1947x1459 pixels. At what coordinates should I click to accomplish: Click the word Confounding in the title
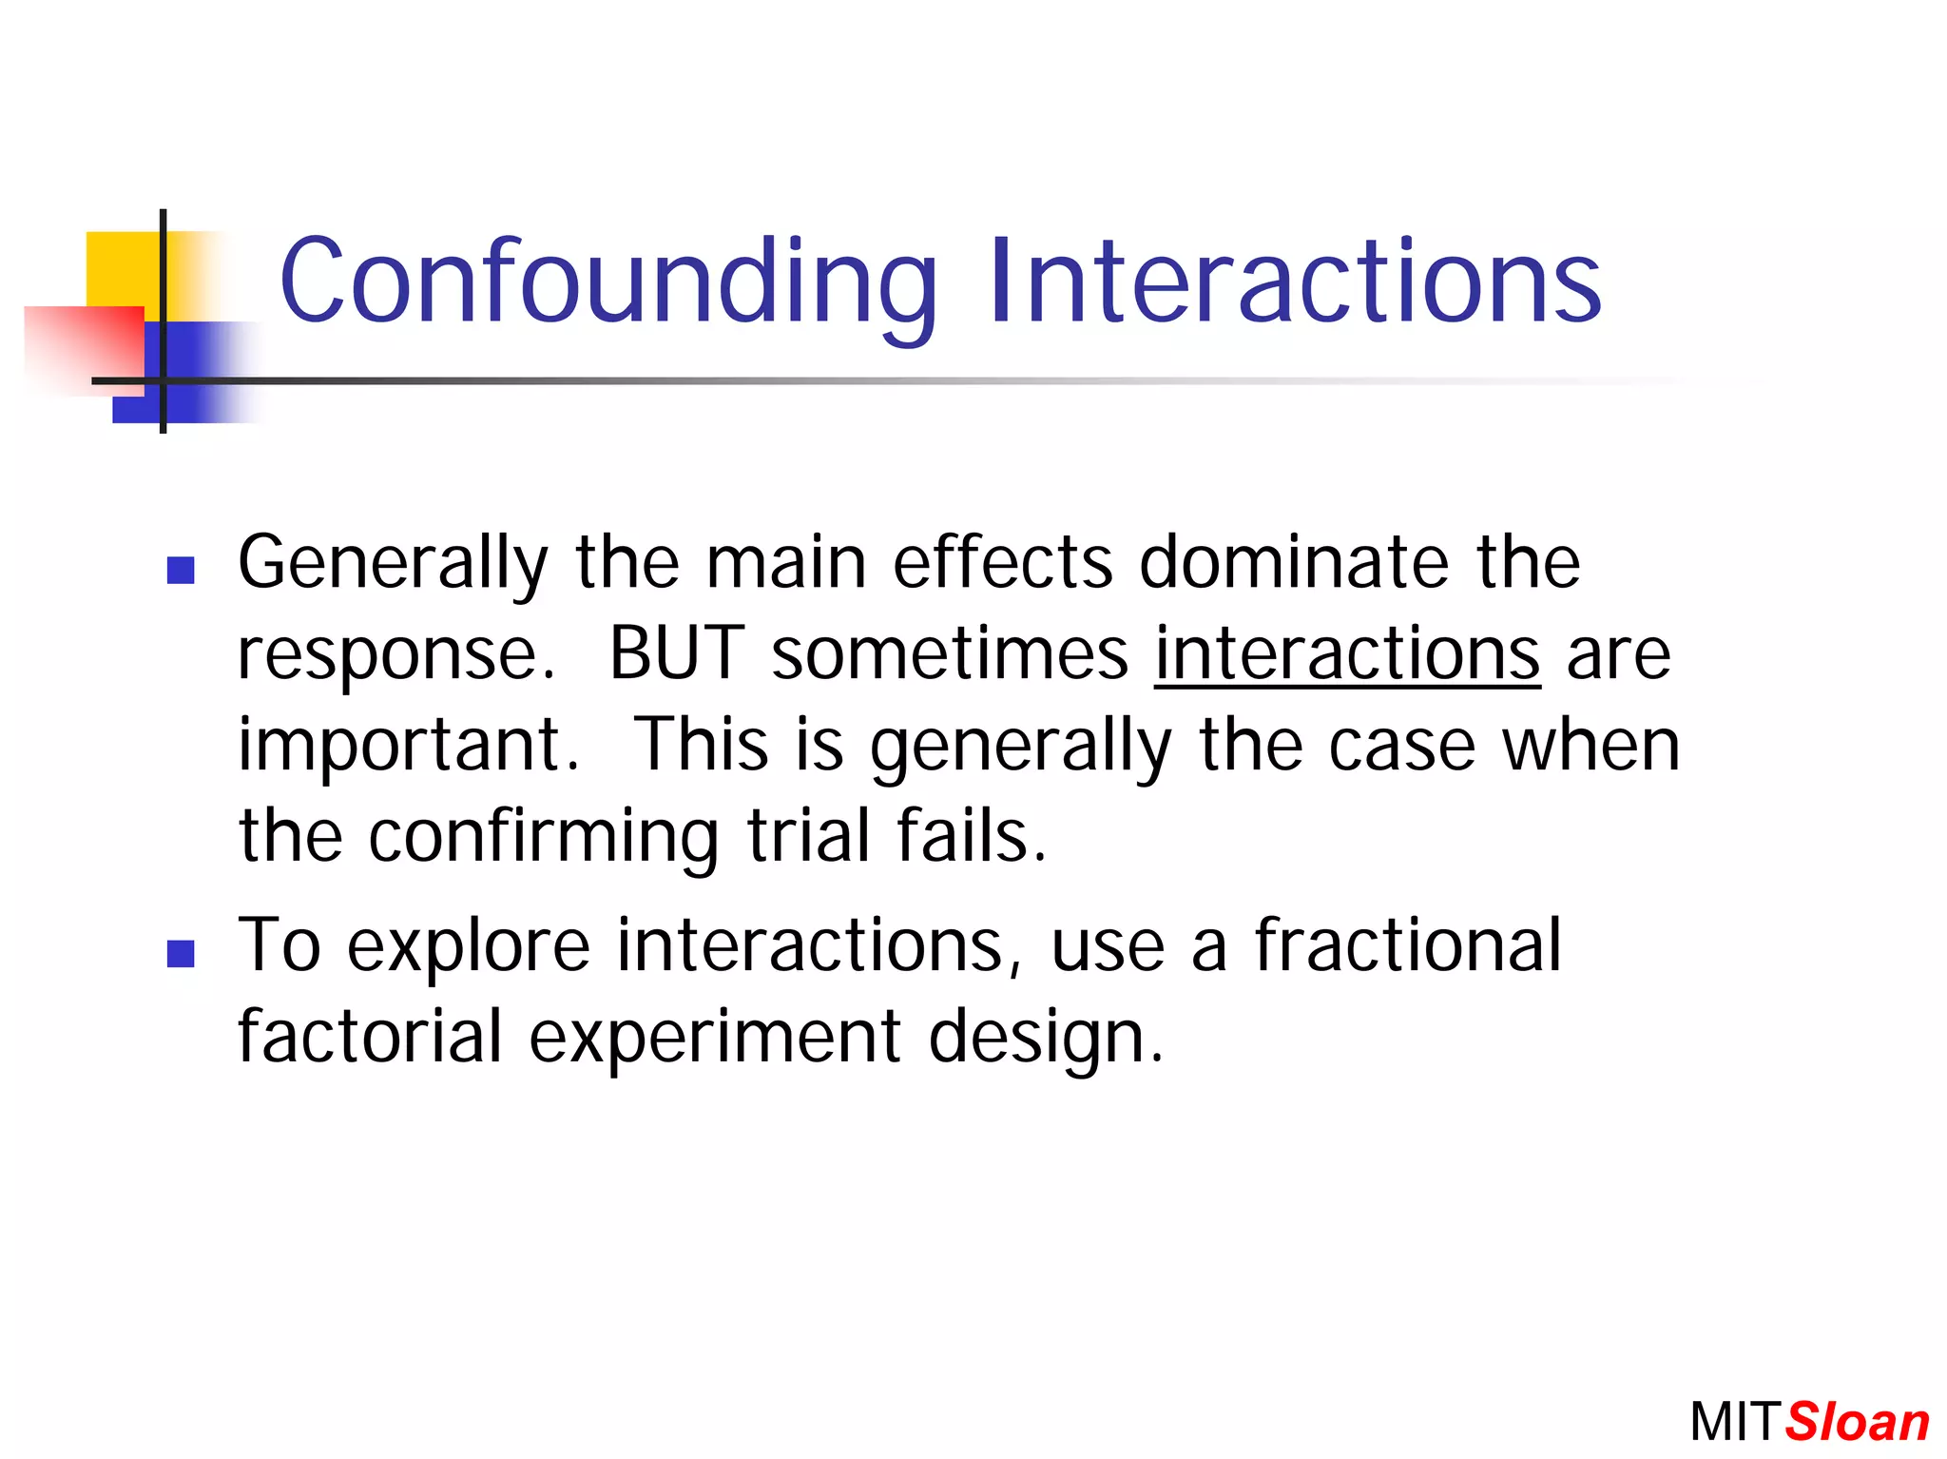point(608,282)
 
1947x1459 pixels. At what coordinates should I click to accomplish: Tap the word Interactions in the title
point(1295,282)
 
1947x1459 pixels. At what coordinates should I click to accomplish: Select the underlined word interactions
point(1347,654)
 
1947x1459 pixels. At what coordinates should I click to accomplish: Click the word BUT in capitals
point(676,654)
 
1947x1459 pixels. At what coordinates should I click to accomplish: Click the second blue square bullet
point(181,953)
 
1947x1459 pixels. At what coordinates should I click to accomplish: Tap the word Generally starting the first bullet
point(393,563)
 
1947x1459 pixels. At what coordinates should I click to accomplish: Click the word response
point(395,656)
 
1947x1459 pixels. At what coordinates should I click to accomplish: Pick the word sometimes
point(950,654)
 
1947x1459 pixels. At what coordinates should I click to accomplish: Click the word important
point(408,747)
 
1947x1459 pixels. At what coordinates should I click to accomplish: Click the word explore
point(468,947)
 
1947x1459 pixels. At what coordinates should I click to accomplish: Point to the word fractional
point(1408,945)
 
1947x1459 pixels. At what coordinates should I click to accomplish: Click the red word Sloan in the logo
point(1857,1423)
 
